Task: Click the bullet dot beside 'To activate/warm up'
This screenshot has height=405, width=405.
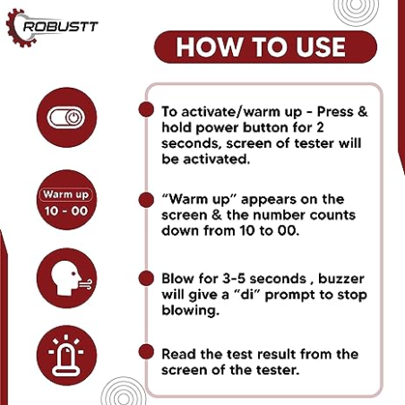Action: [x=144, y=109]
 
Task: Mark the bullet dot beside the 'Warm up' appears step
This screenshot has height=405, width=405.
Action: [x=144, y=195]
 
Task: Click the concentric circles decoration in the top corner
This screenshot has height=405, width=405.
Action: [x=356, y=13]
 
